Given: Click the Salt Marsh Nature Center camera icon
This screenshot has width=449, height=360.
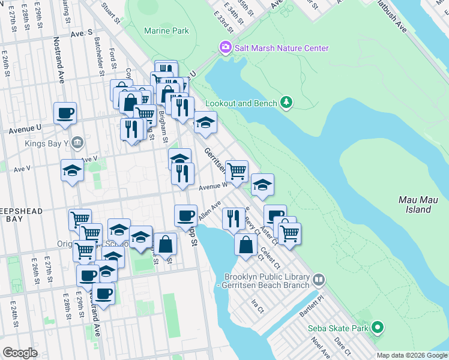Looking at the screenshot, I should pos(226,47).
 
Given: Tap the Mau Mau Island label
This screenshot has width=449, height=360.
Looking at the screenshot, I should pos(415,204).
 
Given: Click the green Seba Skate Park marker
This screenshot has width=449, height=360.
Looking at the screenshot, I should pos(377,328).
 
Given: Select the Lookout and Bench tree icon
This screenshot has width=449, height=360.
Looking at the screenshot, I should pos(288,103).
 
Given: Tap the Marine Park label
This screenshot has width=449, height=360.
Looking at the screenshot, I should pos(166,31).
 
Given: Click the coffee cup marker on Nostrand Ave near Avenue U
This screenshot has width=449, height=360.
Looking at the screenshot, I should pos(65,113).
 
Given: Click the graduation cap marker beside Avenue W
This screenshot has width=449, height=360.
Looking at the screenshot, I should pos(262,185).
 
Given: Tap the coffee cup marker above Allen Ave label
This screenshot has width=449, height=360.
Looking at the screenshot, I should pos(185,215).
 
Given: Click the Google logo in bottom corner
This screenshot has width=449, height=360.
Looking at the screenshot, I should pos(20,353).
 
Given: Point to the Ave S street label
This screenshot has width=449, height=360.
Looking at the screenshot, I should pos(82,33).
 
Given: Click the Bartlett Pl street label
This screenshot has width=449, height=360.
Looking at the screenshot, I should pos(312,298).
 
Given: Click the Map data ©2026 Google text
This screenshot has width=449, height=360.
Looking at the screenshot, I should pos(411,355).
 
